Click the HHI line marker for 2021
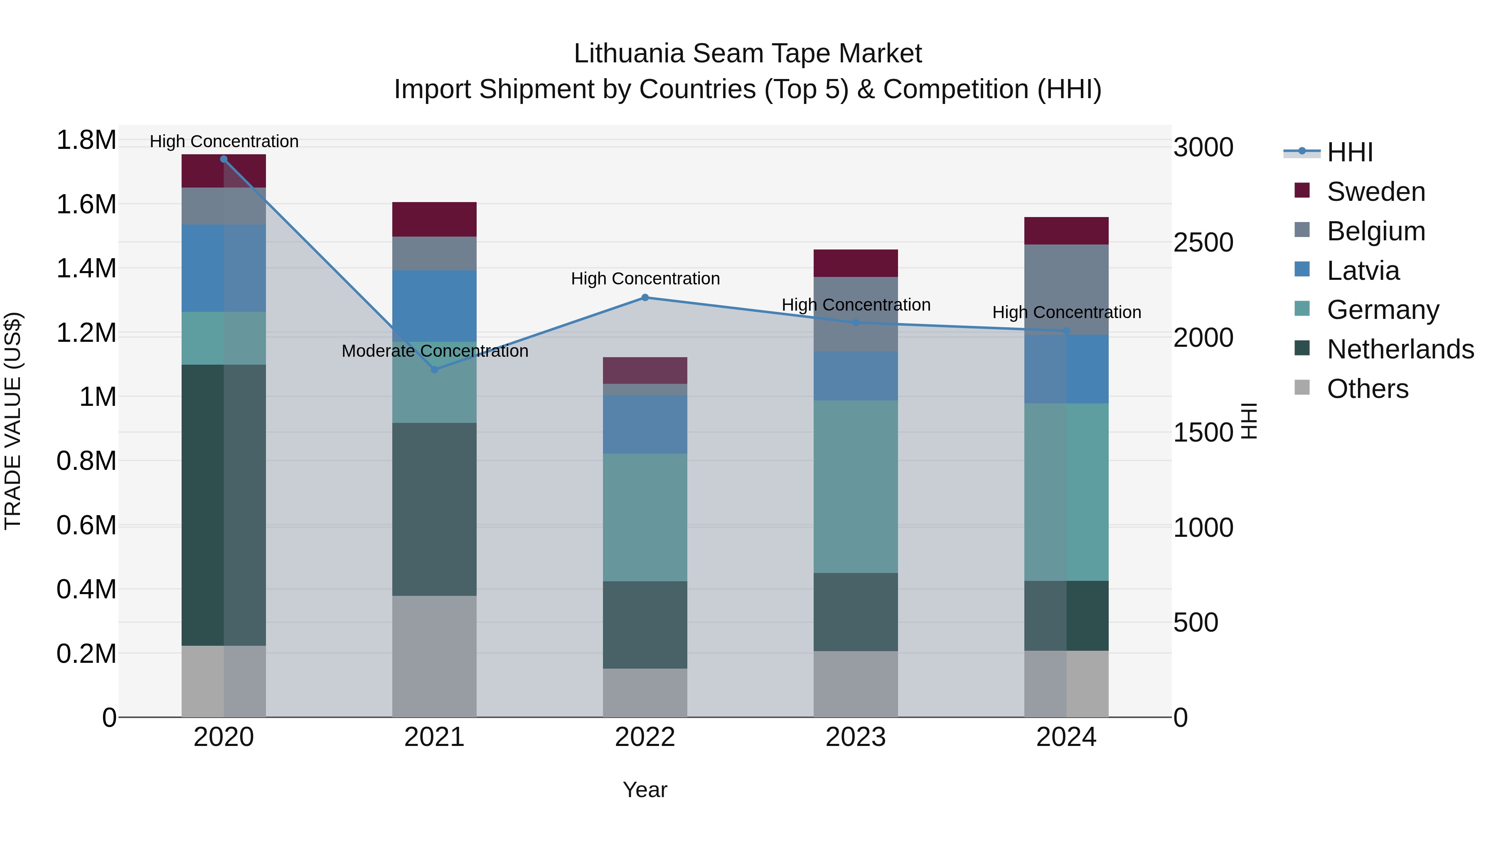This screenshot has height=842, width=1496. tap(434, 370)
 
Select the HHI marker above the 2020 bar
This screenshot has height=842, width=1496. tap(224, 159)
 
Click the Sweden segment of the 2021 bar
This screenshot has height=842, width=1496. tap(434, 219)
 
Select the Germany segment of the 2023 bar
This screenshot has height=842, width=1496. tap(856, 486)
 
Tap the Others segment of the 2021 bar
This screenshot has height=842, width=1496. tap(434, 656)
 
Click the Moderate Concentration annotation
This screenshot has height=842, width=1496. tap(435, 351)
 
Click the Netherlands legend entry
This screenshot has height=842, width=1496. tap(1400, 349)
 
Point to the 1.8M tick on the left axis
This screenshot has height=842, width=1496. tap(86, 140)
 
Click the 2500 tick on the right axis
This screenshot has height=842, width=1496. tap(1203, 242)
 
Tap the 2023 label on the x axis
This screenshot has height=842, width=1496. tap(856, 737)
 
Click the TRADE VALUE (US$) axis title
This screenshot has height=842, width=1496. tap(13, 421)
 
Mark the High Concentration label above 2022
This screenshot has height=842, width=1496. tap(645, 279)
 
